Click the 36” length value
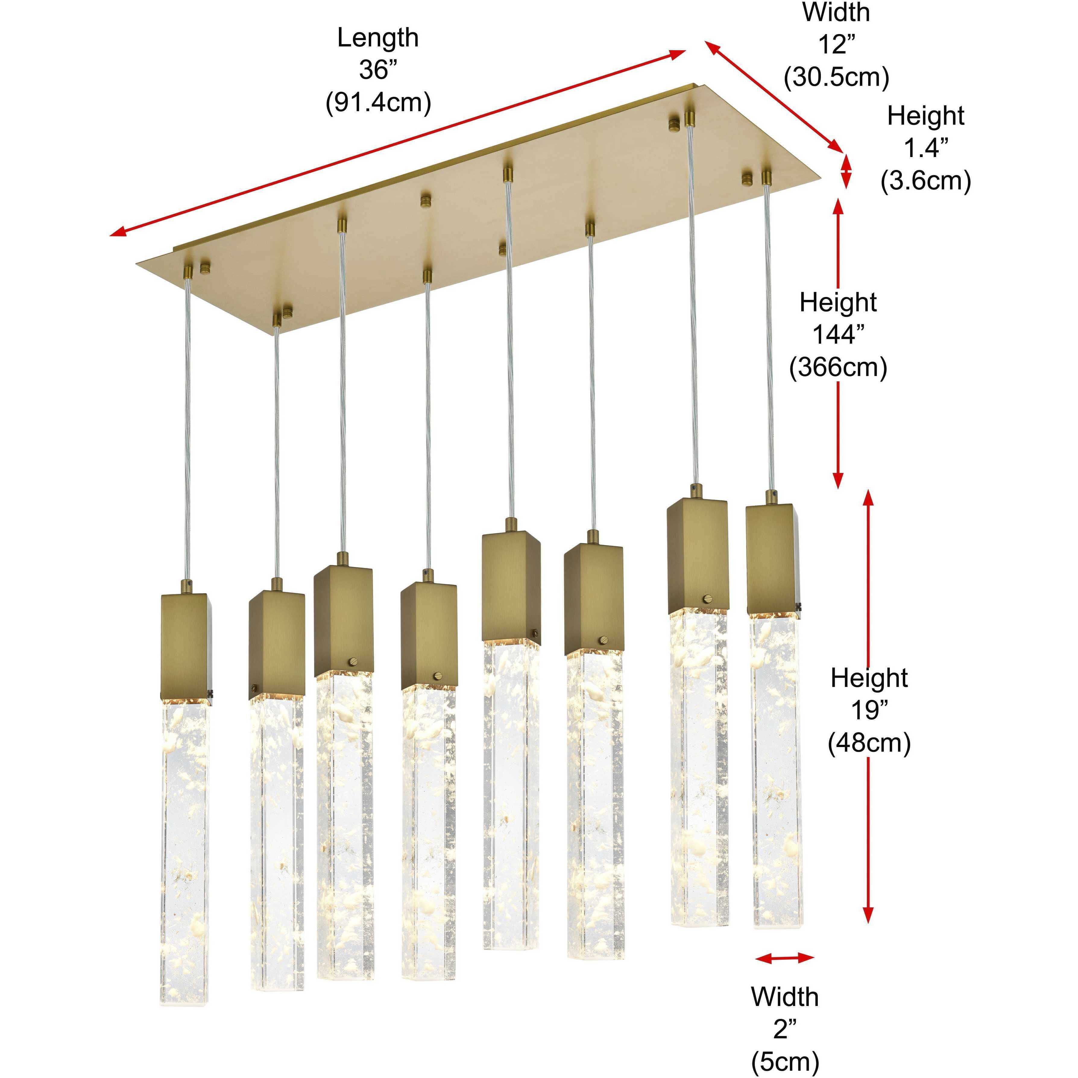click(378, 70)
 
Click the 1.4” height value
click(926, 148)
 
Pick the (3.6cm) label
click(926, 181)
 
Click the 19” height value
click(869, 710)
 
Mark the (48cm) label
click(869, 743)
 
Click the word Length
click(378, 38)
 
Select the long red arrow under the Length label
click(397, 142)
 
